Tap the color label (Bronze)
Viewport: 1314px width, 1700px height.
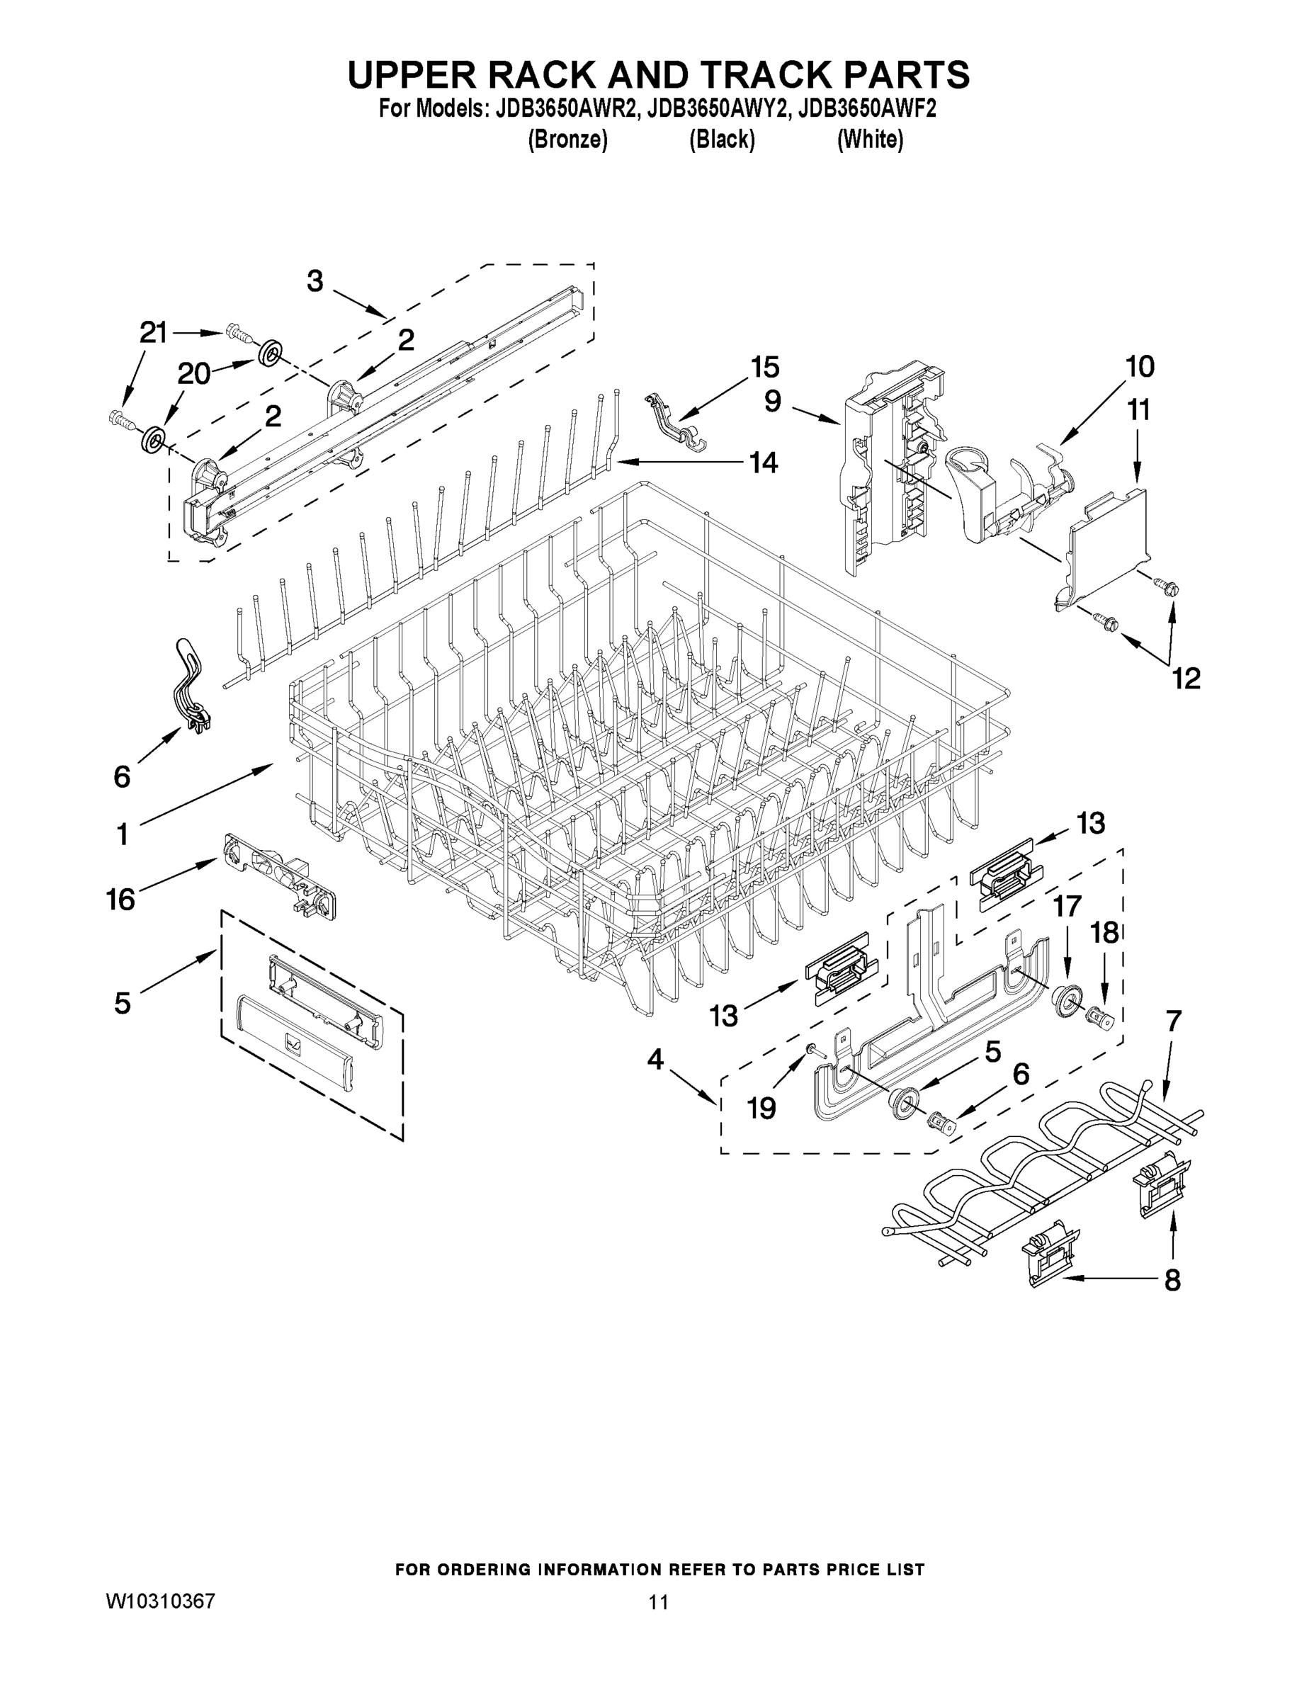point(567,140)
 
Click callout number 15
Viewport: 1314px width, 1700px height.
point(764,367)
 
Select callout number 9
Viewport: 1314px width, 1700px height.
point(772,402)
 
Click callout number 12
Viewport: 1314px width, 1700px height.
point(1186,679)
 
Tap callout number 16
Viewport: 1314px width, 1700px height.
point(120,900)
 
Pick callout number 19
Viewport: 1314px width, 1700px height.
point(761,1107)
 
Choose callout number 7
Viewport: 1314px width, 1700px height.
point(1173,1021)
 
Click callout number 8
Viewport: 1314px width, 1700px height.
point(1172,1280)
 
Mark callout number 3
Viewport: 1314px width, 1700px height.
point(315,281)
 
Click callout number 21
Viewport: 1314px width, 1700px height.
point(153,333)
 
